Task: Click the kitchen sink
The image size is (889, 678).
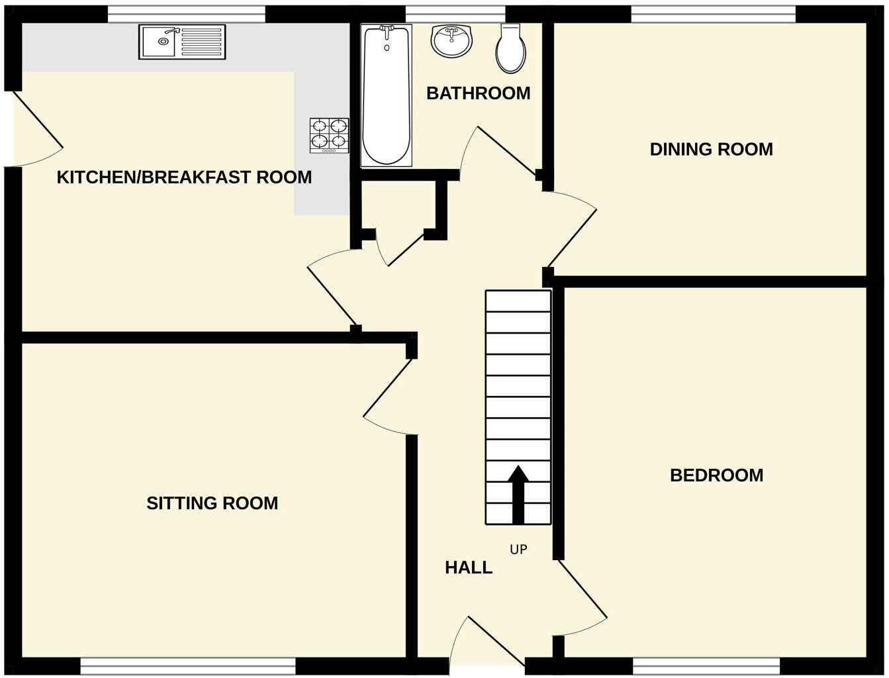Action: tap(181, 42)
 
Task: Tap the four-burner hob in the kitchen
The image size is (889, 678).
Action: tap(330, 135)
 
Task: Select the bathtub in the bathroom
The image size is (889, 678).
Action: tap(386, 95)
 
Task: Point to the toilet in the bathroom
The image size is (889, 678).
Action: tap(510, 49)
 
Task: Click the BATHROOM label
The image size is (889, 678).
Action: tap(478, 93)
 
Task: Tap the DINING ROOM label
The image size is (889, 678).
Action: tap(711, 149)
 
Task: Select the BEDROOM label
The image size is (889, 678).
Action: tap(716, 475)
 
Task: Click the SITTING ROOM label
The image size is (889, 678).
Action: tap(212, 503)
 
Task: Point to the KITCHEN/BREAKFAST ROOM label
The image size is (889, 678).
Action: tap(184, 177)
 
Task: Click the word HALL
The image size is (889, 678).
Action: tap(469, 567)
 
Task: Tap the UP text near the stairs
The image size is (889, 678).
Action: tap(518, 550)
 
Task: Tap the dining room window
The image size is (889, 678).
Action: tap(713, 13)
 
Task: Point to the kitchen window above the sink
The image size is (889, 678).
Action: tap(186, 13)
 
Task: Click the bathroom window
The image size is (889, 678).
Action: tap(455, 13)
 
